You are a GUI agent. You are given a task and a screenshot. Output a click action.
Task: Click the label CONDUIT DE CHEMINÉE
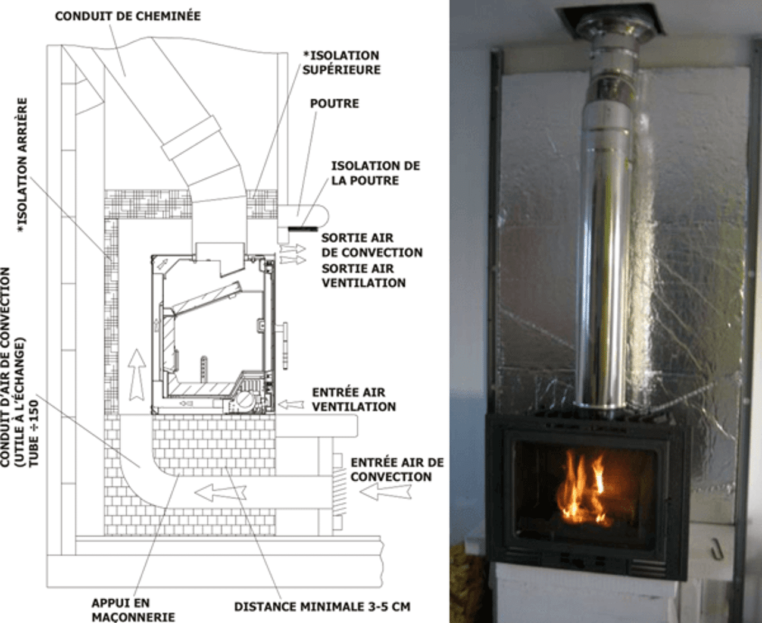click(127, 16)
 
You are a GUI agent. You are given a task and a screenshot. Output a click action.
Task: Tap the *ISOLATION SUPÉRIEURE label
click(341, 62)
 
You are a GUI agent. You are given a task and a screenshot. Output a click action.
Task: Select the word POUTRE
click(334, 104)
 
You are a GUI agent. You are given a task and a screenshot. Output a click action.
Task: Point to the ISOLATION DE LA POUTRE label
click(375, 173)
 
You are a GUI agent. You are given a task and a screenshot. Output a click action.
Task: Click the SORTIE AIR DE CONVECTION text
click(371, 245)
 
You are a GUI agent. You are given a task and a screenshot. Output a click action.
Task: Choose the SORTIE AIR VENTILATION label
click(363, 276)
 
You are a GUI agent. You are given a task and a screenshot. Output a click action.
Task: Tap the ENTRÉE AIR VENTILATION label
click(354, 399)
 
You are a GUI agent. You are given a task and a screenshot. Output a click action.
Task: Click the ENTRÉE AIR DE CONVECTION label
click(396, 469)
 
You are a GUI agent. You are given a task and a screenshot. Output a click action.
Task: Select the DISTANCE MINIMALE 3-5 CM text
click(321, 607)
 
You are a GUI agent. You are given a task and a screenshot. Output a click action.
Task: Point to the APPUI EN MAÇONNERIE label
click(133, 610)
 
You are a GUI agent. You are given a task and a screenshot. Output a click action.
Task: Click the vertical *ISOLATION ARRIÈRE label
click(23, 165)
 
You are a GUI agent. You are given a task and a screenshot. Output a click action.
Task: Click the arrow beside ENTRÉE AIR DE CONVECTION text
click(385, 491)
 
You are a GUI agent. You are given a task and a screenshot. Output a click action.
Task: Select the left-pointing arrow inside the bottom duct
click(220, 492)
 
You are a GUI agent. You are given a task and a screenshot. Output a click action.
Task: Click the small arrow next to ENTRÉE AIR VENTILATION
click(292, 405)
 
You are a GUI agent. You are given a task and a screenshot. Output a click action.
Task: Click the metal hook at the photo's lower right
click(719, 549)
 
